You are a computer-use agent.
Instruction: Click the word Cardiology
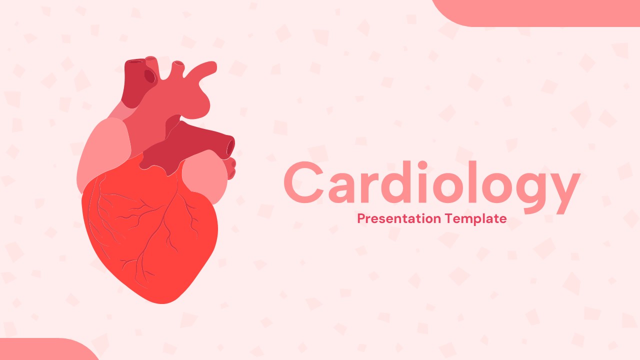click(432, 186)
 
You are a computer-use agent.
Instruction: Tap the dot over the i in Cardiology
click(422, 165)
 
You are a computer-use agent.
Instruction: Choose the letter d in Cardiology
click(393, 182)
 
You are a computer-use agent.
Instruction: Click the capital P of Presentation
click(361, 218)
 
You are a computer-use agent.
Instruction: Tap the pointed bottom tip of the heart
click(162, 303)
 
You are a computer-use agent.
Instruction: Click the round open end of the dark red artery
click(230, 147)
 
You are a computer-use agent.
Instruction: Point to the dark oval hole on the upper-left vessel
click(149, 76)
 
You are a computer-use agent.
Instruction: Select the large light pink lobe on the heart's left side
click(104, 154)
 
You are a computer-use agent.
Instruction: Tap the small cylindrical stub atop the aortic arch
click(178, 67)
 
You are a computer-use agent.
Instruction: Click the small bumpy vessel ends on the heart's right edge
click(231, 168)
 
